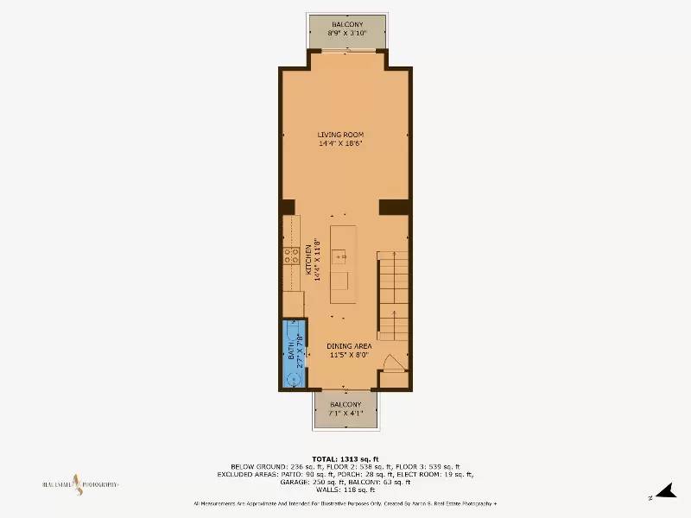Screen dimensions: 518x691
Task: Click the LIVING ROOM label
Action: coord(340,135)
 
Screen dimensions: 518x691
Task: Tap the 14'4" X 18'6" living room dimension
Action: coord(340,143)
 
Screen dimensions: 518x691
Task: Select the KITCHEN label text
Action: coord(308,260)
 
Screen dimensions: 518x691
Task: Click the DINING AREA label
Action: coord(348,345)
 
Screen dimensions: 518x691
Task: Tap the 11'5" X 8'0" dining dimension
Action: coord(348,354)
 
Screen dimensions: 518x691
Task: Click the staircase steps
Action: coord(393,294)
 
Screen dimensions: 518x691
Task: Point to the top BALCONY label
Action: coord(346,24)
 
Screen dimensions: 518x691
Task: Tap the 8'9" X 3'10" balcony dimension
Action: coord(346,33)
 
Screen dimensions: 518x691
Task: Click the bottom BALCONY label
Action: coord(345,404)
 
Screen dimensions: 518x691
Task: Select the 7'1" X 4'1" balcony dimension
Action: coord(345,413)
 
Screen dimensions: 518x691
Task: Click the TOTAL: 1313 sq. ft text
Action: coord(345,458)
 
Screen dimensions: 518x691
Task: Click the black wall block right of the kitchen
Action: coord(394,206)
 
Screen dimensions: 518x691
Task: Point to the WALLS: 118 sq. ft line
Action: coord(345,489)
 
